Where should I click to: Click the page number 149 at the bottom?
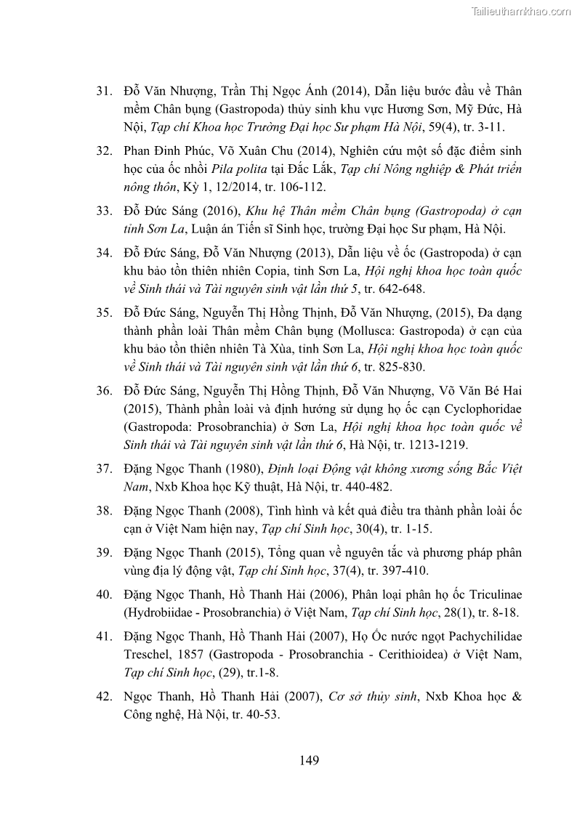[309, 761]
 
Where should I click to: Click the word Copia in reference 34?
[294, 271]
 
